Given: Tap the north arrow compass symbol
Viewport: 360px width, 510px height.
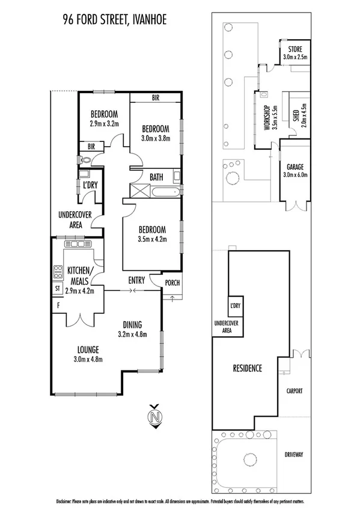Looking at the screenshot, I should pyautogui.click(x=156, y=416).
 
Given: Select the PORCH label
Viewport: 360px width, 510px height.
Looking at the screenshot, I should pyautogui.click(x=172, y=283).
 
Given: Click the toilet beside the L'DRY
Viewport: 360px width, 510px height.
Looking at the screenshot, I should pyautogui.click(x=84, y=160).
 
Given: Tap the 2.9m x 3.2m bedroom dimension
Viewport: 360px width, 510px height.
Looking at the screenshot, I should pyautogui.click(x=105, y=124).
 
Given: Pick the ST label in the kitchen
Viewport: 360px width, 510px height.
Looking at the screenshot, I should pyautogui.click(x=58, y=289).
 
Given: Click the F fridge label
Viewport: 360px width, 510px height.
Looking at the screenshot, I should pyautogui.click(x=58, y=306).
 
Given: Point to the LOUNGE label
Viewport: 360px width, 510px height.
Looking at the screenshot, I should pyautogui.click(x=88, y=349).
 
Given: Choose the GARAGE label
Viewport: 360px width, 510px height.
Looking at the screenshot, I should pyautogui.click(x=294, y=167).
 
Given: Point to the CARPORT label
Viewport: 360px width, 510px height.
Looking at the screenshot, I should pyautogui.click(x=294, y=390).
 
